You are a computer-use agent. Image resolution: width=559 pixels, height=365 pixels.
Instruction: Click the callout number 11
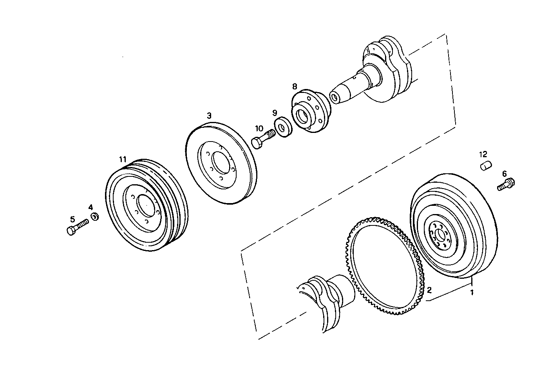point(123,159)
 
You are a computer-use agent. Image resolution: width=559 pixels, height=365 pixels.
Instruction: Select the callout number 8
point(295,86)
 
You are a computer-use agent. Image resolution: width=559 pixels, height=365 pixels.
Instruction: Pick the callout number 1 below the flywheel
point(472,292)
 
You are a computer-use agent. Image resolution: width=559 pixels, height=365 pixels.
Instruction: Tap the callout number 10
point(259,128)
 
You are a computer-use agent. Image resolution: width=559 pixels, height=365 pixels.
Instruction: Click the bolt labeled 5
point(78,227)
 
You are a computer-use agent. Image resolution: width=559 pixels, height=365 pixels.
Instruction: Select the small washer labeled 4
point(94,216)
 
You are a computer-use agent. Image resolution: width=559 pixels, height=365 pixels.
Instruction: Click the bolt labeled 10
point(262,139)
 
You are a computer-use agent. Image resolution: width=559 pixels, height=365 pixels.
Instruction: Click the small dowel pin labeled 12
point(486,166)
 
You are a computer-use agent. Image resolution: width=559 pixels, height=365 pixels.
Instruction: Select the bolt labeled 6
point(507,184)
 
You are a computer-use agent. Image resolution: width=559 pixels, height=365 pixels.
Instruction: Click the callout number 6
point(504,173)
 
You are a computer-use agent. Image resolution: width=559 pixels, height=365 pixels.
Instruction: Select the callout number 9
point(275,113)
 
